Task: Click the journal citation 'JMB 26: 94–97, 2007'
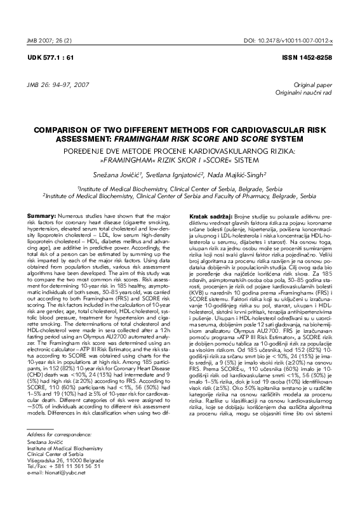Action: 54,84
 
